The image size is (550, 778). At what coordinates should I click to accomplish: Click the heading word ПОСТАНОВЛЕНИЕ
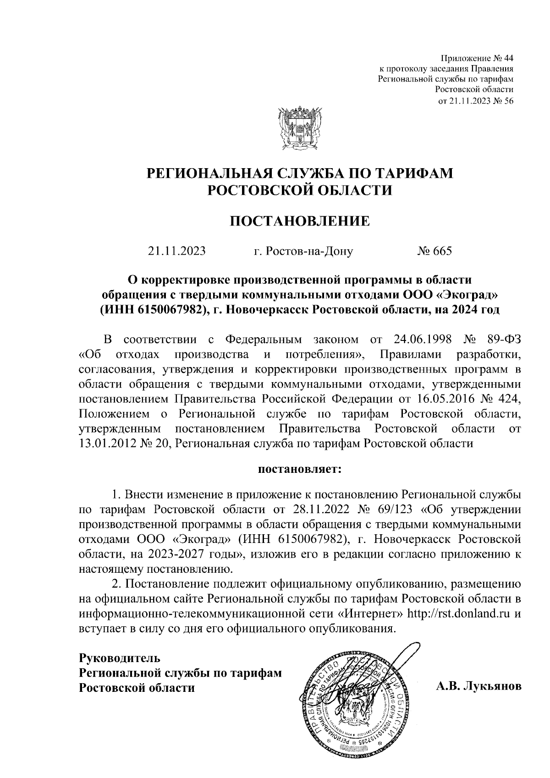(299, 221)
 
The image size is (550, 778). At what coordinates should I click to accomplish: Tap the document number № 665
(434, 251)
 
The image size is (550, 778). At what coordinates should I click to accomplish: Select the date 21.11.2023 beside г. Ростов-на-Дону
(176, 251)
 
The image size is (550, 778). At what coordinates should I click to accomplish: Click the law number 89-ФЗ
(501, 340)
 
